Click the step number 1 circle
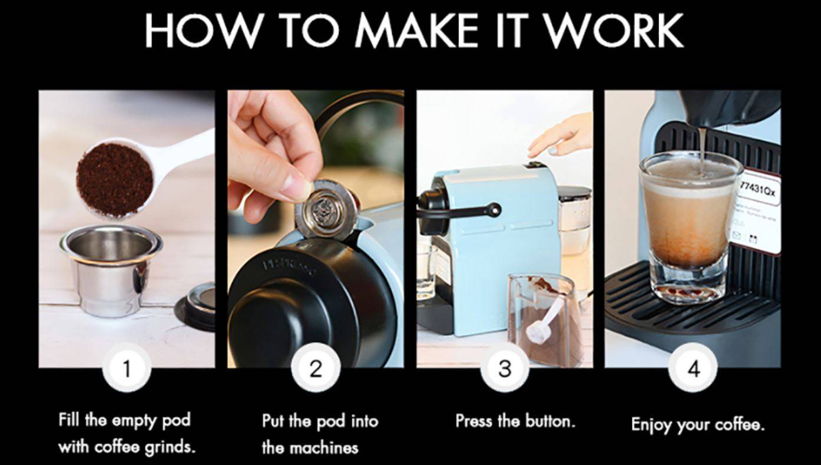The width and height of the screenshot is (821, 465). pyautogui.click(x=127, y=368)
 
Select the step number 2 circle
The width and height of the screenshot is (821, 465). pyautogui.click(x=316, y=368)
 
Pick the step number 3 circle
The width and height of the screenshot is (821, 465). pyautogui.click(x=505, y=368)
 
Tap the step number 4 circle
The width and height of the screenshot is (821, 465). pyautogui.click(x=693, y=368)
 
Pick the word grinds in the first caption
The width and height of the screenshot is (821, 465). pyautogui.click(x=168, y=446)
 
